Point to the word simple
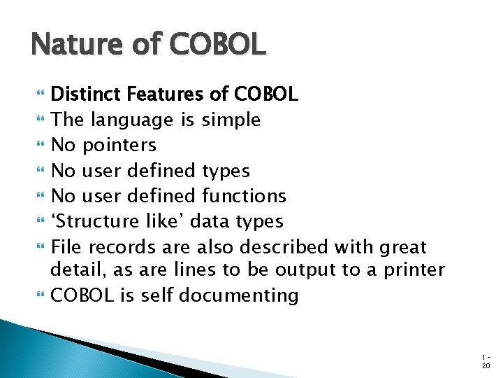(x=231, y=120)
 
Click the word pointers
(x=119, y=145)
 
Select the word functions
(x=244, y=195)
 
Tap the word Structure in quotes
(x=94, y=221)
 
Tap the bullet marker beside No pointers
(x=37, y=145)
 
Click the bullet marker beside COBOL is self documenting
(x=37, y=295)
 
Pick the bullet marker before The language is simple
(x=37, y=120)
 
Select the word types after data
(x=258, y=221)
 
